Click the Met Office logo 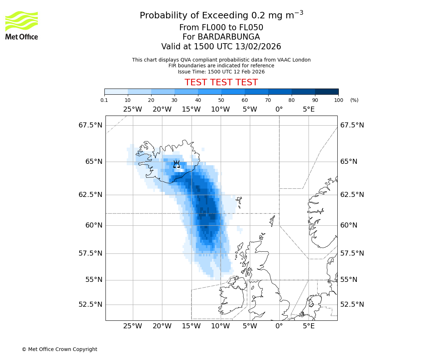22,25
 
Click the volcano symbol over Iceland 176,165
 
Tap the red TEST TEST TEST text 221,82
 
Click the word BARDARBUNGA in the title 221,37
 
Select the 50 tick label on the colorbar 221,100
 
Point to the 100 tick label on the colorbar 338,100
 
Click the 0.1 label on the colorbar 104,100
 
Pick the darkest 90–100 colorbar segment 327,91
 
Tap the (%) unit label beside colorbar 354,100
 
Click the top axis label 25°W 132,109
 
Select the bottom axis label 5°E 309,326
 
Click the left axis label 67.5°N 90,125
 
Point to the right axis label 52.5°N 352,305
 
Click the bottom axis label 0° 279,326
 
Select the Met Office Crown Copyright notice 59,349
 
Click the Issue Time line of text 221,72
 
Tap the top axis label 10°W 220,109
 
